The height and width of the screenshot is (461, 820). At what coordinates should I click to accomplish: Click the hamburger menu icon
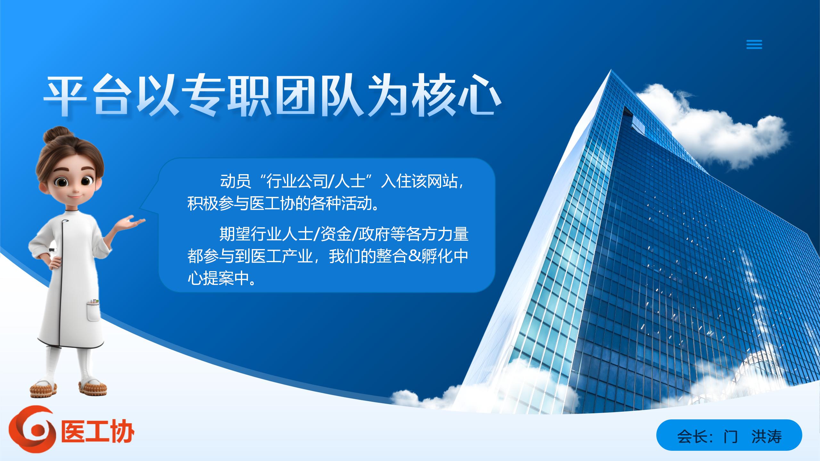[x=754, y=44]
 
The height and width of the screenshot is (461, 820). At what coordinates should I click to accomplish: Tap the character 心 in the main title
[x=479, y=96]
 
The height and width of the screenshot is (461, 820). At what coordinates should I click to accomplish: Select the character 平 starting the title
[x=66, y=96]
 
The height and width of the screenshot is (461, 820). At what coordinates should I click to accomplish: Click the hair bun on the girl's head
[x=56, y=134]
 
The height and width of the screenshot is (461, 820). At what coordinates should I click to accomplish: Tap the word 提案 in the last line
[x=219, y=279]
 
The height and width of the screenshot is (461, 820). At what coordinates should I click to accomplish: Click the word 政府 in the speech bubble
[x=374, y=234]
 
